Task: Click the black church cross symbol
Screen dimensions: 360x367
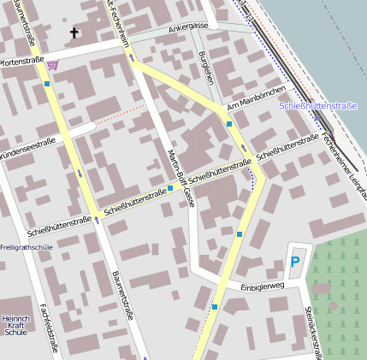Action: click(74, 33)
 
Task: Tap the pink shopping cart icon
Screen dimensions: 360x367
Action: click(54, 65)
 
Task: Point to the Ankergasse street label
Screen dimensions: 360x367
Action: click(187, 27)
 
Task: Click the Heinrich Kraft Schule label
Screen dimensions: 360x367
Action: click(15, 317)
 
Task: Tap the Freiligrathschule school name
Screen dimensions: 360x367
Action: click(27, 247)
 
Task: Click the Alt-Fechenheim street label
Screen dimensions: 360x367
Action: click(118, 24)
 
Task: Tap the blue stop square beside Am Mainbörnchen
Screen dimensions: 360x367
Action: click(229, 124)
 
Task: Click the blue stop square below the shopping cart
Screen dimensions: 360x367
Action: click(47, 84)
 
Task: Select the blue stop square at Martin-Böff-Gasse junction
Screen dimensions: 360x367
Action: click(170, 187)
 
